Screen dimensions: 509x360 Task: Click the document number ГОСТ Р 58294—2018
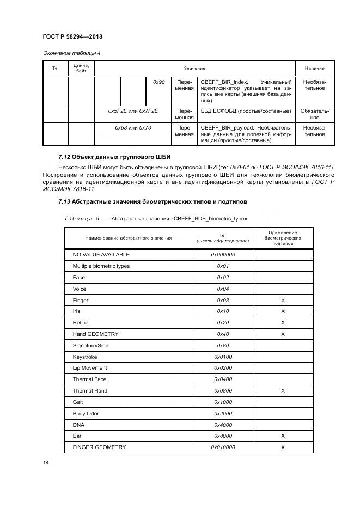pos(72,36)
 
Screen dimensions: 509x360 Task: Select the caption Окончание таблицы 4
pos(71,53)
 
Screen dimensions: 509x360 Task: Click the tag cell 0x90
pos(158,82)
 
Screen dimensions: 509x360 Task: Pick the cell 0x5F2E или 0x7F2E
pos(133,111)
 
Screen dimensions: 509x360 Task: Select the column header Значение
pos(194,68)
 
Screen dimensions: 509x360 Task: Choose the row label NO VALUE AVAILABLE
pos(101,254)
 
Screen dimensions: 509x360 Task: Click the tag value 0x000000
pos(222,254)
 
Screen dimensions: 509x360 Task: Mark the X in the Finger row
pos(283,300)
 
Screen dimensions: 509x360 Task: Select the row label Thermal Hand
pos(90,390)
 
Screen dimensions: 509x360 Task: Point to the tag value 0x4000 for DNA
pos(222,425)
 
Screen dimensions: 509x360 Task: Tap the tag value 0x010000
pos(222,447)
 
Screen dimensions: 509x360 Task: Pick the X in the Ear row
pos(283,436)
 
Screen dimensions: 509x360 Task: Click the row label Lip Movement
pos(90,368)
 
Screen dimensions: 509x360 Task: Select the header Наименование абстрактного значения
pos(128,238)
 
